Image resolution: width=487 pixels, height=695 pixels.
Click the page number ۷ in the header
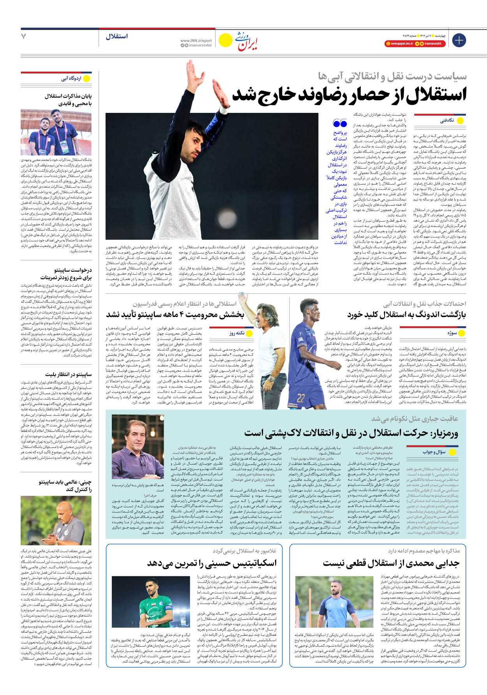[x=24, y=36]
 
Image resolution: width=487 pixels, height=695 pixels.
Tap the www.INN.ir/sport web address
[x=196, y=40]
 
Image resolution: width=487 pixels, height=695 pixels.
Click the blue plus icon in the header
[x=459, y=40]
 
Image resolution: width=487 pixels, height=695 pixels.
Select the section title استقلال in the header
[x=116, y=37]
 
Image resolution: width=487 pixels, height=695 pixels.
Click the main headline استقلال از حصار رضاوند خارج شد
[x=349, y=95]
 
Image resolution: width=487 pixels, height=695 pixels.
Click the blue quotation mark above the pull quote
[x=340, y=124]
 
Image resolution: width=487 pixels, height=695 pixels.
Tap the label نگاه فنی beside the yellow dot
[x=447, y=121]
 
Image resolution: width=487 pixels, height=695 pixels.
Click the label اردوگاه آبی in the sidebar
[x=71, y=79]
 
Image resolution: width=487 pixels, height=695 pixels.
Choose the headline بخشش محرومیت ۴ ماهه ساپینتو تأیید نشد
[x=175, y=315]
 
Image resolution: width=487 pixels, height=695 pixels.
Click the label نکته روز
[x=237, y=333]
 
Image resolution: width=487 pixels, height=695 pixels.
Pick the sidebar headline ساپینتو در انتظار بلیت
[x=68, y=375]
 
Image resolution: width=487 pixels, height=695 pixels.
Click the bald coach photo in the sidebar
[x=56, y=520]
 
